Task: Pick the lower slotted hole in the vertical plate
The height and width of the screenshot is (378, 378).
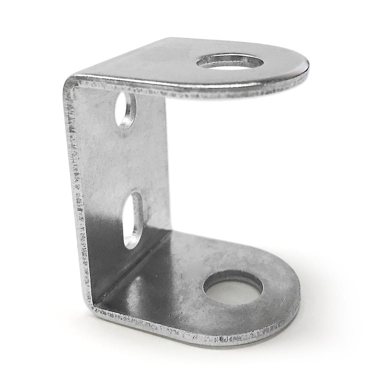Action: pos(132,219)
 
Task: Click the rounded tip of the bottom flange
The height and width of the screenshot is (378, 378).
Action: pos(299,295)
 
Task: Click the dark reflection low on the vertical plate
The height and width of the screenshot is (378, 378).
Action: pos(102,246)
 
